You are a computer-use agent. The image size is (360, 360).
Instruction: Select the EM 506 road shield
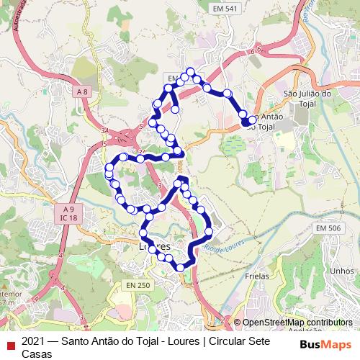(327, 228)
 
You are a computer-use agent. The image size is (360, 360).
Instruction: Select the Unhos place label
(338, 271)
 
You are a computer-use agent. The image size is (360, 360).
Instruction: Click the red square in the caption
(10, 342)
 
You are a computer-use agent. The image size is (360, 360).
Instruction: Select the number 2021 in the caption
(35, 341)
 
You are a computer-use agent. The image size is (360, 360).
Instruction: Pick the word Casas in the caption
(37, 354)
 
